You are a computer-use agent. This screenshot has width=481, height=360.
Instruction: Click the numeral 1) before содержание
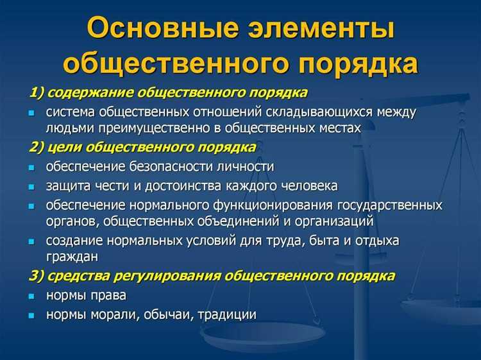coord(36,93)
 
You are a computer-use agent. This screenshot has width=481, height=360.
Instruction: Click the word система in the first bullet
coord(70,112)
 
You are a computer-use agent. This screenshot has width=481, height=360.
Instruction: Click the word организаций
coord(337,221)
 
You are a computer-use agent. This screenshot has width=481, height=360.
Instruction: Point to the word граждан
coord(71,257)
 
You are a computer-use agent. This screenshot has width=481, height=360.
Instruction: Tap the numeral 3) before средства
coord(37,277)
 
